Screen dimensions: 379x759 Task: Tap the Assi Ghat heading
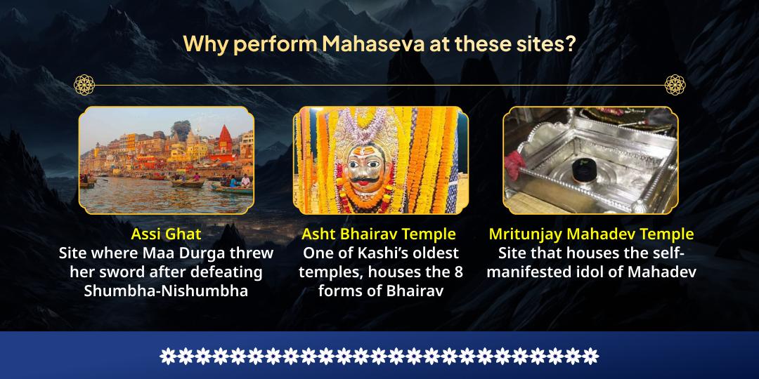tap(166, 234)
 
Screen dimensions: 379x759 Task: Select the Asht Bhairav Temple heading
tap(379, 234)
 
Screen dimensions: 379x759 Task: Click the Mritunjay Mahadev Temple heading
tap(591, 234)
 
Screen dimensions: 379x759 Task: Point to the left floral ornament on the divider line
tap(84, 85)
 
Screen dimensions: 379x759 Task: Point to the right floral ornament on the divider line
tap(675, 85)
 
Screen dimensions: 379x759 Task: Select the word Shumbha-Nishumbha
tap(166, 290)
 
